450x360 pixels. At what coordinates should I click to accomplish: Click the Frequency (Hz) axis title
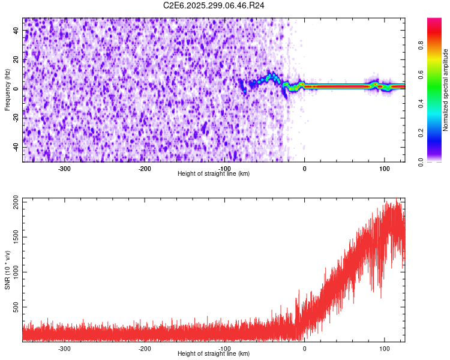7,90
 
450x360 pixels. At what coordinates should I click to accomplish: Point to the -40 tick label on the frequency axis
14,147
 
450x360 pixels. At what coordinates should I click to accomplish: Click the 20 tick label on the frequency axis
16,59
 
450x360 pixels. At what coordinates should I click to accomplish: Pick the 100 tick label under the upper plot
384,169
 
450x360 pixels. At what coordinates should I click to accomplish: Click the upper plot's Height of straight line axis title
214,174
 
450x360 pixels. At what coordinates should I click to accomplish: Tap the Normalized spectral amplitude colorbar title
446,90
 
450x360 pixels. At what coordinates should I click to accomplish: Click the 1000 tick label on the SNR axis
13,272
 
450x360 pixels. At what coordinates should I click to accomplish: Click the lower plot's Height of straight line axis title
214,354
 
